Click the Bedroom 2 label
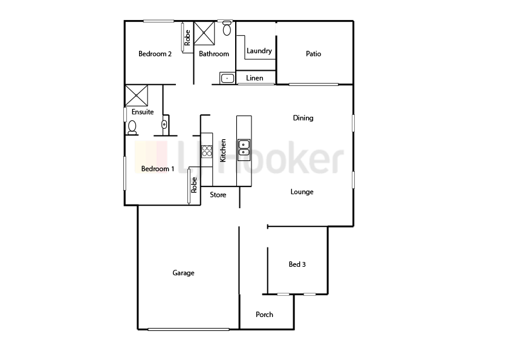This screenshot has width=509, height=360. [155, 54]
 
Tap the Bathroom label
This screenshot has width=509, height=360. [214, 54]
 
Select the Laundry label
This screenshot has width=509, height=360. [259, 51]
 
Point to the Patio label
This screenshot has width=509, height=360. [313, 54]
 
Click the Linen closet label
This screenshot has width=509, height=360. [254, 78]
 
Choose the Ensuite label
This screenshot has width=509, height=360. [143, 112]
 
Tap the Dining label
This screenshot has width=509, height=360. [303, 118]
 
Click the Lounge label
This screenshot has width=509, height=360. [302, 192]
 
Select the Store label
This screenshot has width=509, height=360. [218, 195]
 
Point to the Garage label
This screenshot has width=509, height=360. [183, 273]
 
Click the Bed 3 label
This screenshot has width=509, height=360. [297, 264]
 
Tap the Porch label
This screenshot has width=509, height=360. [264, 314]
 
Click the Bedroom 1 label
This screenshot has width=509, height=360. [158, 169]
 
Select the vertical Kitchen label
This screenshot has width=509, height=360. [223, 150]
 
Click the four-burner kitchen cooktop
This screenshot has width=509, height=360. [207, 151]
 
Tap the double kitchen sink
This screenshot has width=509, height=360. [244, 148]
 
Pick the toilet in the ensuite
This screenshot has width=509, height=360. [132, 127]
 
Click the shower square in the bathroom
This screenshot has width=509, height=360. [206, 33]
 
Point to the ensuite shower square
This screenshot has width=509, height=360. [137, 96]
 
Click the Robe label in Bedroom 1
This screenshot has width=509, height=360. [194, 184]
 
